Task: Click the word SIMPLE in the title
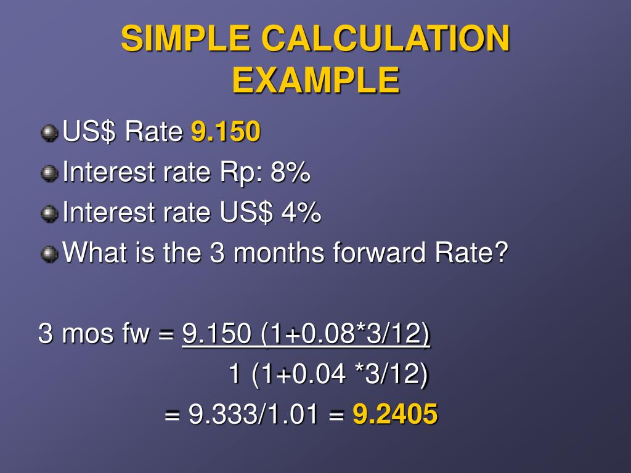point(185,39)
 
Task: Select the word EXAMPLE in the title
point(315,80)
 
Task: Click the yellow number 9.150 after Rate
point(226,132)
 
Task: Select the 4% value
point(301,213)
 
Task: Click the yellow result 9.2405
point(395,414)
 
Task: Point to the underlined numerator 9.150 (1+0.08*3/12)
point(306,334)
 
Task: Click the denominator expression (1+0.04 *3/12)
point(338,374)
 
